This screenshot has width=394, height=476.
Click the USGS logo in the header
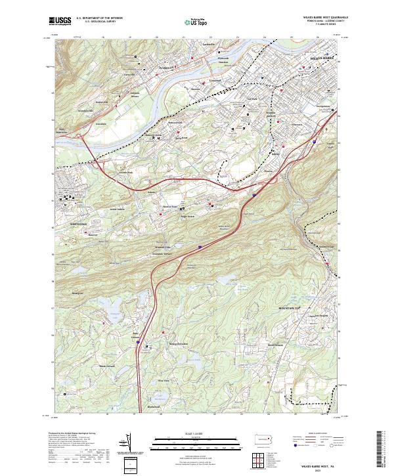click(x=60, y=21)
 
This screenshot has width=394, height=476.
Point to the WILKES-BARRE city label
click(x=321, y=59)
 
